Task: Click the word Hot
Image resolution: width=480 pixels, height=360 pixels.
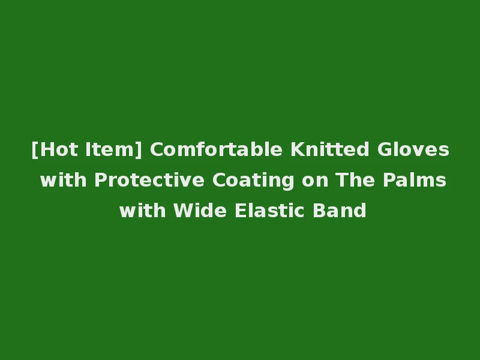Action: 58,149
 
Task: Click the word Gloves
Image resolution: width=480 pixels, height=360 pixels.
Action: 413,149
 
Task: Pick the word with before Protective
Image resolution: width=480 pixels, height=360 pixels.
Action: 64,180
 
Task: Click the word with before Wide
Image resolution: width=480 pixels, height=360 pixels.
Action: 143,211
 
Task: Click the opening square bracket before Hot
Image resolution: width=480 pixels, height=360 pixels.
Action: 35,150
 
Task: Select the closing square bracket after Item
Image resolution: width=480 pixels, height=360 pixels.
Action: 140,150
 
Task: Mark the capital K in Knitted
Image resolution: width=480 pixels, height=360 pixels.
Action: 297,149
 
